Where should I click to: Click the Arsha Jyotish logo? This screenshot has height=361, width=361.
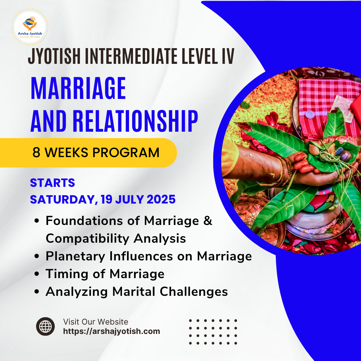pos(30,27)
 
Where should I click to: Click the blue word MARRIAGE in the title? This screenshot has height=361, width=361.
pos(78,88)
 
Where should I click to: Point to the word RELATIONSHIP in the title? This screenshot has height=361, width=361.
pos(135,121)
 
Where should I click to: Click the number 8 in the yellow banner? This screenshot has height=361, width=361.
pos(36,152)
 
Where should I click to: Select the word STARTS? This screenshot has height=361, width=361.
pos(52,183)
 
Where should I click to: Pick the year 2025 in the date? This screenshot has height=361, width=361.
pos(161,199)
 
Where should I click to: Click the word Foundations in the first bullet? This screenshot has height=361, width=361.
pos(84,221)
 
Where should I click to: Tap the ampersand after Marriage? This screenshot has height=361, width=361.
pos(208,220)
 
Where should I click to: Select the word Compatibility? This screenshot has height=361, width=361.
pos(88,239)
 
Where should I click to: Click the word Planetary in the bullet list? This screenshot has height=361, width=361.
pos(75,256)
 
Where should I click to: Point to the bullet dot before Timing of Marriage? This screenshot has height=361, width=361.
pos(37,274)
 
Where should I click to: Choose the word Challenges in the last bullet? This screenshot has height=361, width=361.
pos(194,292)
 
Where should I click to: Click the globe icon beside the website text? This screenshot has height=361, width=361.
pos(45,327)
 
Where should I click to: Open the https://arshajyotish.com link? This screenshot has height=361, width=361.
pos(112,331)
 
